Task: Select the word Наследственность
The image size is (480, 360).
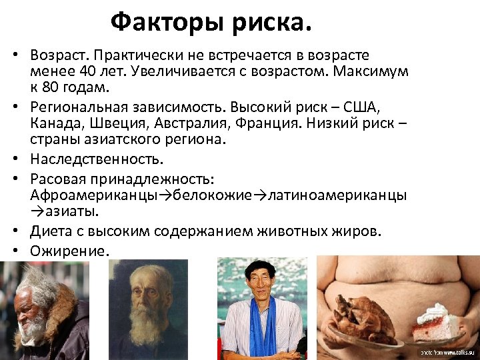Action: pyautogui.click(x=96, y=160)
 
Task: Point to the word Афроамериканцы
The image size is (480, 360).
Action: pyautogui.click(x=93, y=195)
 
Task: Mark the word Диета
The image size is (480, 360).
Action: pyautogui.click(x=49, y=231)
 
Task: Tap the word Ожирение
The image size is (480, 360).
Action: pyautogui.click(x=68, y=250)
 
